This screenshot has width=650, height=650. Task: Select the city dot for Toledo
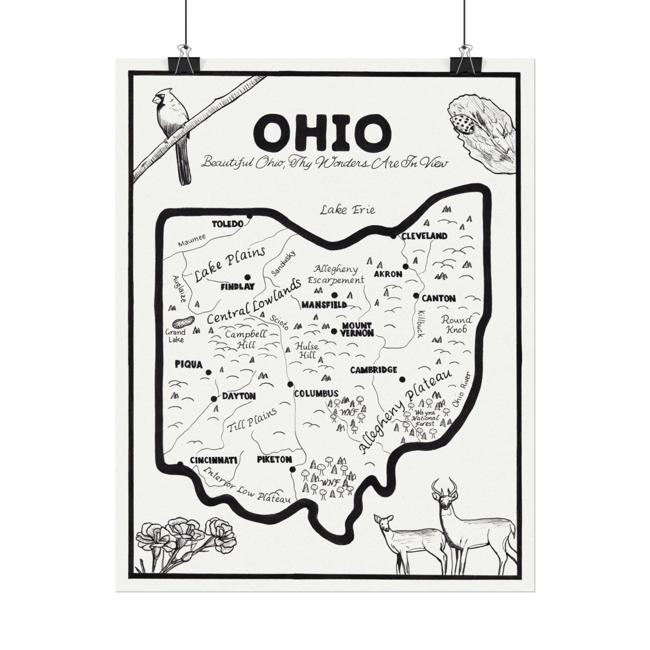click(249, 216)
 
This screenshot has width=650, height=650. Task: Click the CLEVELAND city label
click(425, 236)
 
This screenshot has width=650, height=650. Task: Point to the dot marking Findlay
click(248, 277)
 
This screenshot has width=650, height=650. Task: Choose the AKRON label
click(388, 274)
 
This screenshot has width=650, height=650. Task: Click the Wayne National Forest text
click(425, 418)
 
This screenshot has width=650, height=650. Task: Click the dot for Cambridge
click(402, 380)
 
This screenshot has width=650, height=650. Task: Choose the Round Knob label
click(456, 324)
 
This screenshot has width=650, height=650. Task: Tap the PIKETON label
click(274, 460)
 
